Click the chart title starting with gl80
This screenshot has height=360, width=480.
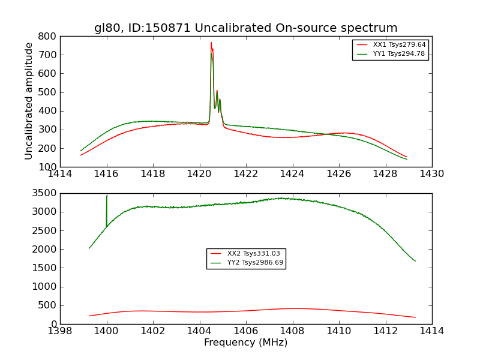245,28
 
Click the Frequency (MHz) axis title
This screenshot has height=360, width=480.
245,343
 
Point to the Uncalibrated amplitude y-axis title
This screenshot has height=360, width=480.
29,101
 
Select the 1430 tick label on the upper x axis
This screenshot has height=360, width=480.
431,174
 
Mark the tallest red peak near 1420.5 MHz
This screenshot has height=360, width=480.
211,43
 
